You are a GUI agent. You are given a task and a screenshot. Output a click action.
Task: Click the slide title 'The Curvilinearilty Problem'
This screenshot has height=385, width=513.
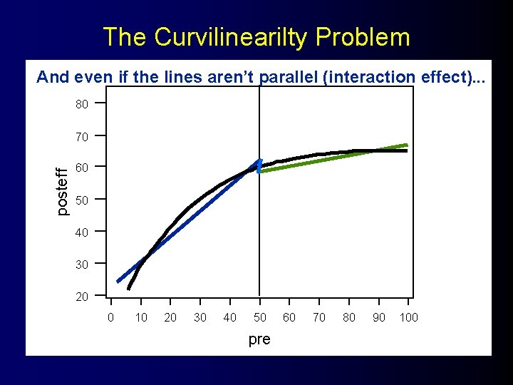click(x=256, y=37)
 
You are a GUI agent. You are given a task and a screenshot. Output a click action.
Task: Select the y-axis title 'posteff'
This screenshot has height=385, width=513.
click(x=63, y=190)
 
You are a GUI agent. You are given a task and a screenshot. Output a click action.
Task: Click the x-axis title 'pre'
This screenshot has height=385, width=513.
click(x=259, y=339)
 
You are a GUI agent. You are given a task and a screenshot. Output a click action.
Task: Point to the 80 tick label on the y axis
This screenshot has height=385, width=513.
click(x=82, y=104)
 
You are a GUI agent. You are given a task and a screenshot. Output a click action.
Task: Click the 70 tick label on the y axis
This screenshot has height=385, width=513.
click(x=82, y=135)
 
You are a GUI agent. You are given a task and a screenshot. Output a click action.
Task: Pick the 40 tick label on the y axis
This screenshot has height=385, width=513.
click(x=82, y=232)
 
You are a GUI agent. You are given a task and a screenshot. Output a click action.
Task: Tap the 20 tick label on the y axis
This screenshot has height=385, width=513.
click(x=82, y=296)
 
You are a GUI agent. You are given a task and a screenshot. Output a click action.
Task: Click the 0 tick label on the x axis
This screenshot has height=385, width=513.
click(x=110, y=317)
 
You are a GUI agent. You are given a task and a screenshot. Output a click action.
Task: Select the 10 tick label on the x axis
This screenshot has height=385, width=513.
click(x=141, y=317)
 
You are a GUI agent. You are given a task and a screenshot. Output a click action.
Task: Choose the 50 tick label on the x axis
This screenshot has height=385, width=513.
click(x=260, y=317)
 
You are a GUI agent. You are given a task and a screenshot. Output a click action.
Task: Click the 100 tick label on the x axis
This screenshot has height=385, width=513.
click(x=408, y=317)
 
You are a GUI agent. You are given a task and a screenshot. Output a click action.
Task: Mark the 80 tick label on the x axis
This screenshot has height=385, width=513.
click(x=349, y=317)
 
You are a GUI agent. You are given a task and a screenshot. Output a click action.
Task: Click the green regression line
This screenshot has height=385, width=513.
click(x=335, y=158)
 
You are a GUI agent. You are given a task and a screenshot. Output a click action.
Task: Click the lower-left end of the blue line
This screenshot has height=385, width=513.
click(x=119, y=281)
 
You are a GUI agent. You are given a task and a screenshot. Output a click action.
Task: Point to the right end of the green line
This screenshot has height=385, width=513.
click(x=406, y=145)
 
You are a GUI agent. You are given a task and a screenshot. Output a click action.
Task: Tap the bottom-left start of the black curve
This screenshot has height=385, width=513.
click(x=129, y=288)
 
